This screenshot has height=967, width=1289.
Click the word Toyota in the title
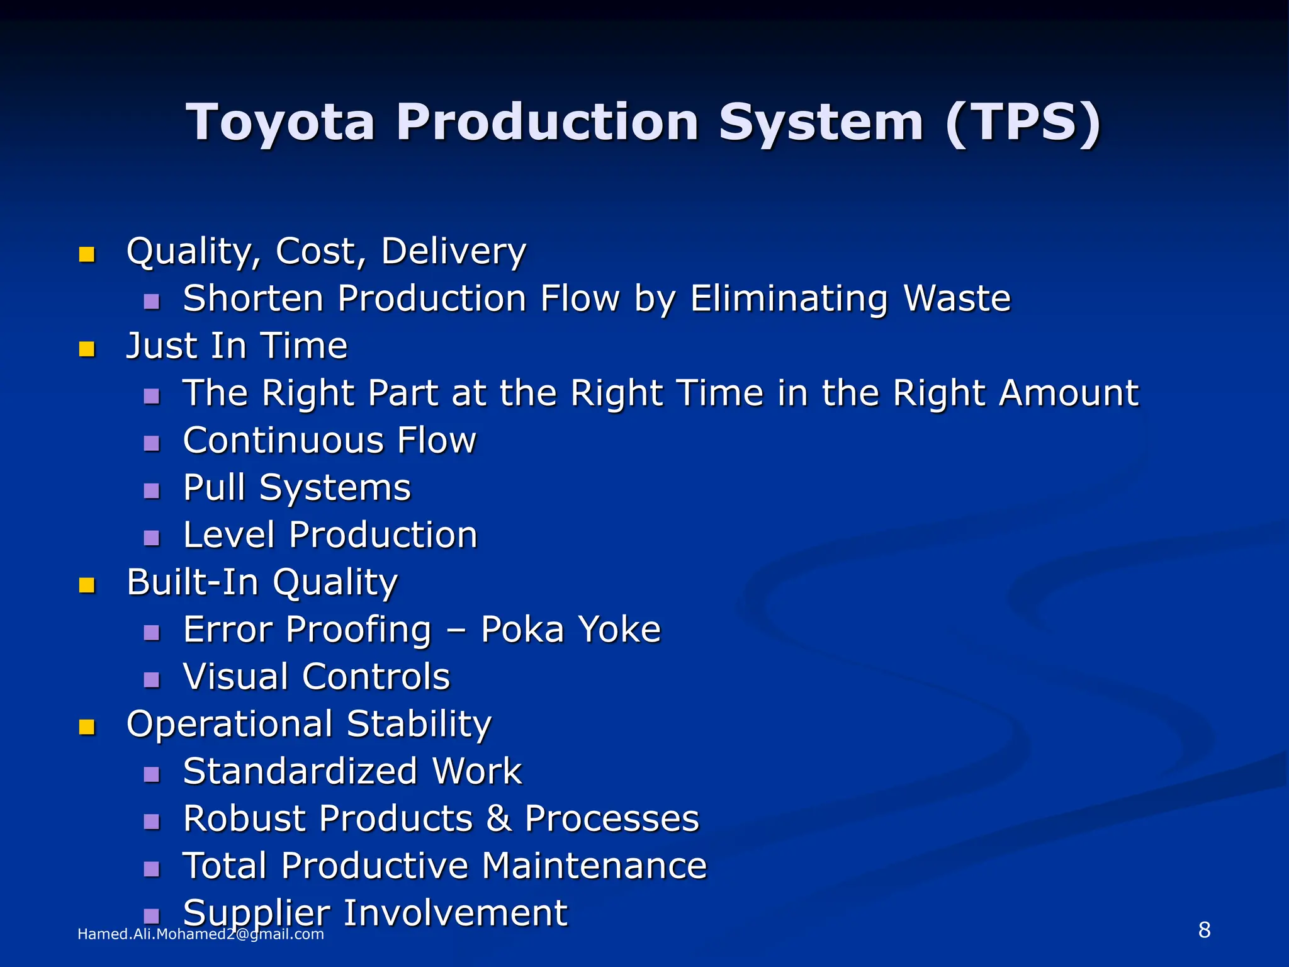click(x=281, y=122)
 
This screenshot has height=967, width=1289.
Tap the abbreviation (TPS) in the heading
click(x=1023, y=122)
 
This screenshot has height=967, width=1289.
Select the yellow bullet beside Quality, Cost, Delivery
click(x=87, y=254)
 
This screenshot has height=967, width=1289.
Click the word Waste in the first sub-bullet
click(x=957, y=298)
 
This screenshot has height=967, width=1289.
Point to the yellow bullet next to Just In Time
click(x=87, y=349)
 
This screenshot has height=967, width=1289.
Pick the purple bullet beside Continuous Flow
click(x=152, y=444)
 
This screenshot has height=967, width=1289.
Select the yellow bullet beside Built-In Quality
click(x=87, y=585)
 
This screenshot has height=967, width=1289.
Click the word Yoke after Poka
click(x=619, y=630)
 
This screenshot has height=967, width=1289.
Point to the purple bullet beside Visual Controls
click(x=152, y=680)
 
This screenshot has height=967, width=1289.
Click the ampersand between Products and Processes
click(x=498, y=818)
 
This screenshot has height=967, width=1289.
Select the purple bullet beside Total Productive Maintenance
click(x=152, y=869)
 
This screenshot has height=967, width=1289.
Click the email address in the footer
click(x=200, y=934)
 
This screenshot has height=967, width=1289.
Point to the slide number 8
click(x=1204, y=930)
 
